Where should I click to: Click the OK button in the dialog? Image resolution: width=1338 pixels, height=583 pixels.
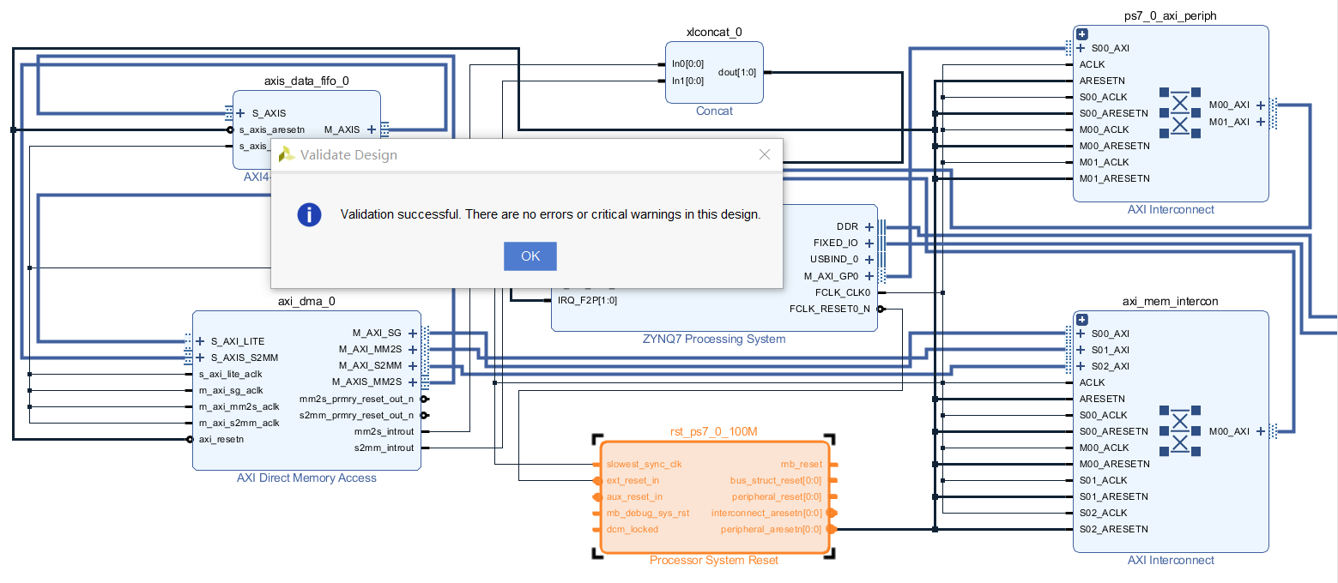530,256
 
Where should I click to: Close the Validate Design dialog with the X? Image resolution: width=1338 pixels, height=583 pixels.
765,154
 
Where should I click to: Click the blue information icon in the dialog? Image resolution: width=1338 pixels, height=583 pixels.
309,214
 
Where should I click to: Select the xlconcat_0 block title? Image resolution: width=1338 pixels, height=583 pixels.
714,33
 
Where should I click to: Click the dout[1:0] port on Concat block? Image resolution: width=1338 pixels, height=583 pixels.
737,73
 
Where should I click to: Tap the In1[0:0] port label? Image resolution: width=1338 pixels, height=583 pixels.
687,81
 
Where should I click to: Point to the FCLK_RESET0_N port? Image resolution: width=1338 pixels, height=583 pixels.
829,309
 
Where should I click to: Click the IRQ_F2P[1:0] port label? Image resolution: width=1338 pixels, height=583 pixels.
587,300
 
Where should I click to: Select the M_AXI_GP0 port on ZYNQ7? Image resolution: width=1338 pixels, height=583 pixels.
831,276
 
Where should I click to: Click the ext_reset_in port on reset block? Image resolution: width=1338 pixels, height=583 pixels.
633,480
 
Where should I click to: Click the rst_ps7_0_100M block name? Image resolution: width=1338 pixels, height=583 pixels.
714,431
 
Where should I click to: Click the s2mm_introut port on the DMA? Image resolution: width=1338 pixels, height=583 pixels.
384,448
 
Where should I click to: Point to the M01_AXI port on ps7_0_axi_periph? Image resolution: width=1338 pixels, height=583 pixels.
1229,122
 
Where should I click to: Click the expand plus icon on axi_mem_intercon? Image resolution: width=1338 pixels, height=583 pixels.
1082,319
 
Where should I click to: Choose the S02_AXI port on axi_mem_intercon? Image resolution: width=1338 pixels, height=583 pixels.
1109,366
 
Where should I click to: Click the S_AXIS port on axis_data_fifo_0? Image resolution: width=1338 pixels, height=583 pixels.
269,113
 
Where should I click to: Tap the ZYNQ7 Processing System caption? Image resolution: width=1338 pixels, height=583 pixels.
714,339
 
